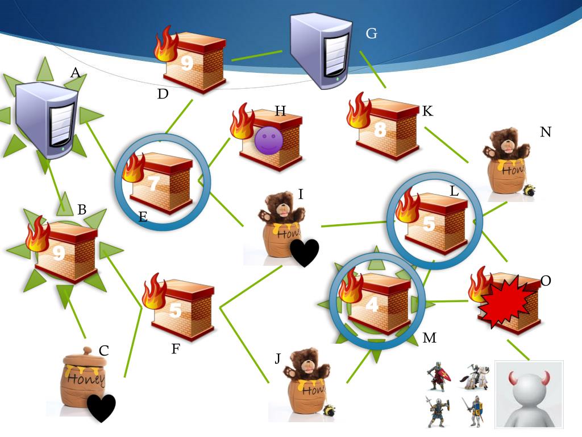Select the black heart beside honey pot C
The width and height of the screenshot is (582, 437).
point(101,407)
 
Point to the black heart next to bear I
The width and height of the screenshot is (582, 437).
point(305,252)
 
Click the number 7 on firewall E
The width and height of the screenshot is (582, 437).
point(153,183)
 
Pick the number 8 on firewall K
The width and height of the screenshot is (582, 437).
point(380,130)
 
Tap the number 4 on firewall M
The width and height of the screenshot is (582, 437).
point(372,305)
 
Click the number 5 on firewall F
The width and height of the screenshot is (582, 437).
point(176,310)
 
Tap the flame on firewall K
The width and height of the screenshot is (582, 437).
point(359,110)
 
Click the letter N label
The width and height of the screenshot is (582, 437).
point(546,132)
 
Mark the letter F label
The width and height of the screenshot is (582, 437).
point(176,349)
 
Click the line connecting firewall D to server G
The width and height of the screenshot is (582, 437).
point(256,55)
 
